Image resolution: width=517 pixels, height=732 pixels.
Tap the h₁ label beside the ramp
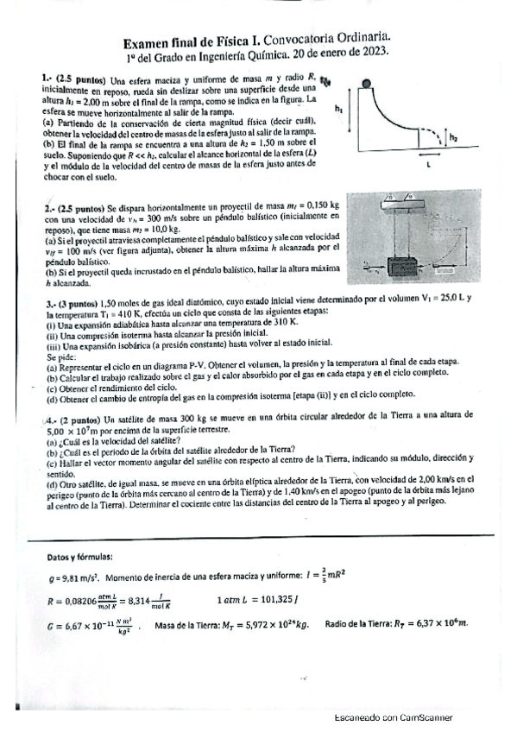pyautogui.click(x=339, y=110)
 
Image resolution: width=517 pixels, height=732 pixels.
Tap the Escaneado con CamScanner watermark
pyautogui.click(x=393, y=718)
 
